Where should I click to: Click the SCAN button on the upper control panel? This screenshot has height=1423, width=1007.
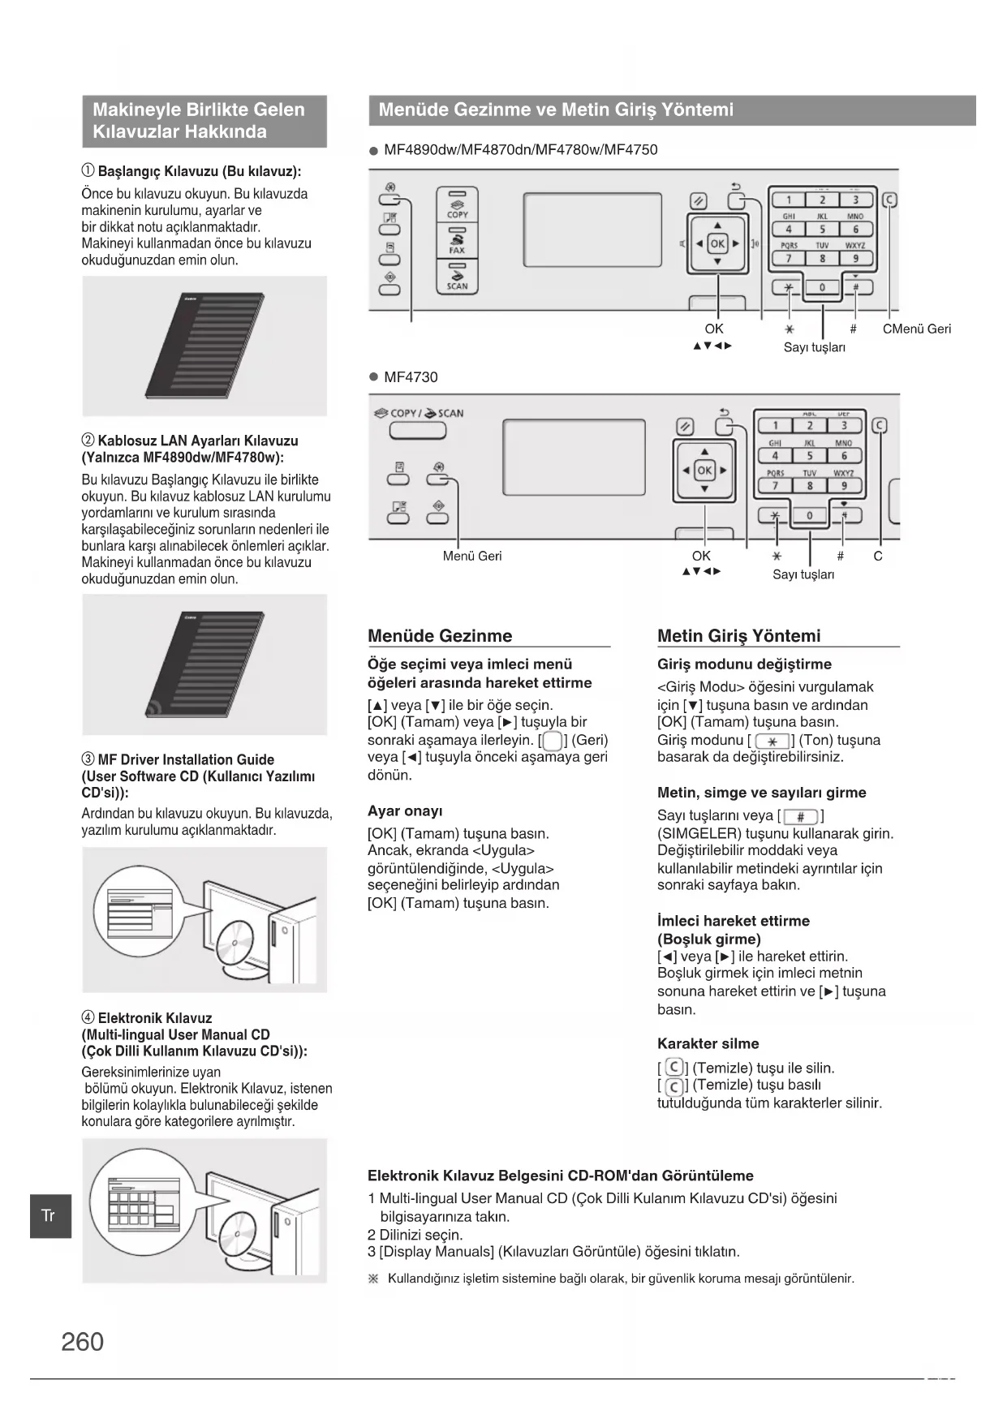(458, 277)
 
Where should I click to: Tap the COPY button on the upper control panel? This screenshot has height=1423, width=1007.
(458, 205)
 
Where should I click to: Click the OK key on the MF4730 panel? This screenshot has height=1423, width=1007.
(704, 471)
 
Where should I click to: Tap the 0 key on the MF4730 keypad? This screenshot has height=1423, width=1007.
(809, 516)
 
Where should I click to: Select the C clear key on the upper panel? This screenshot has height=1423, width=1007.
(891, 200)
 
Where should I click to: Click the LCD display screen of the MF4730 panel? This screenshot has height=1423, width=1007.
(574, 457)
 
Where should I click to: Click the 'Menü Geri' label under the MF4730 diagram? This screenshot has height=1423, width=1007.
(472, 557)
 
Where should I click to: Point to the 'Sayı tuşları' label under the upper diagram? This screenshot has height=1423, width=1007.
(815, 347)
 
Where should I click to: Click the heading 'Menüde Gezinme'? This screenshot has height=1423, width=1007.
(440, 636)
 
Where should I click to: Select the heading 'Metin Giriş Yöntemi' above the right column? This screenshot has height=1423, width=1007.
(738, 636)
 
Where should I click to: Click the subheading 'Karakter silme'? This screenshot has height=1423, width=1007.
(708, 1044)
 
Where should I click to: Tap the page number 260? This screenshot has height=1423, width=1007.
(83, 1342)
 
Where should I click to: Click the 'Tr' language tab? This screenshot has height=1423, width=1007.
(49, 1215)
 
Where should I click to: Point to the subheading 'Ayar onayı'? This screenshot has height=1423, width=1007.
(405, 811)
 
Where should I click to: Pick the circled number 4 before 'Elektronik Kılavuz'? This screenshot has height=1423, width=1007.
(88, 1018)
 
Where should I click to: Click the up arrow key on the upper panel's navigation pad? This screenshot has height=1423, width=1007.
(717, 226)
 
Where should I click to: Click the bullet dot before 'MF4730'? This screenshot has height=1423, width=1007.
(374, 377)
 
